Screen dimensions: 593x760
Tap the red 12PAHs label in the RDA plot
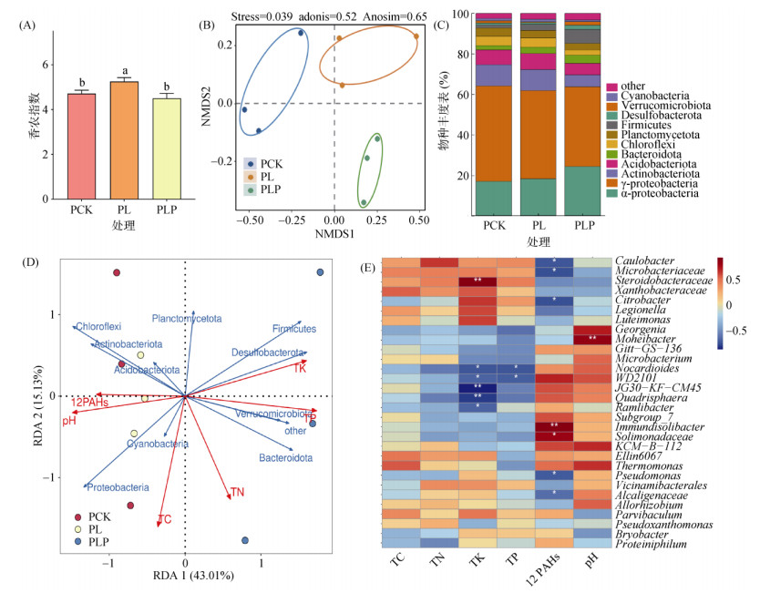(x=91, y=403)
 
